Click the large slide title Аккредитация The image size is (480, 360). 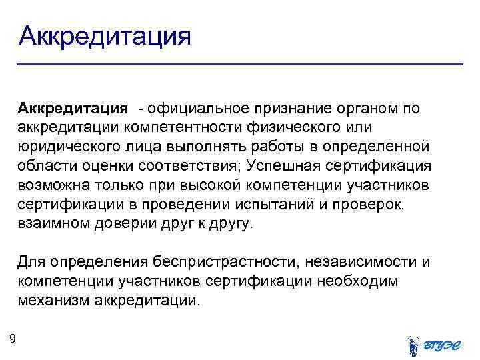click(105, 35)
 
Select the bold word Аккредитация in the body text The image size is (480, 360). click(73, 108)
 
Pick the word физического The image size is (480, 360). click(319, 127)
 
